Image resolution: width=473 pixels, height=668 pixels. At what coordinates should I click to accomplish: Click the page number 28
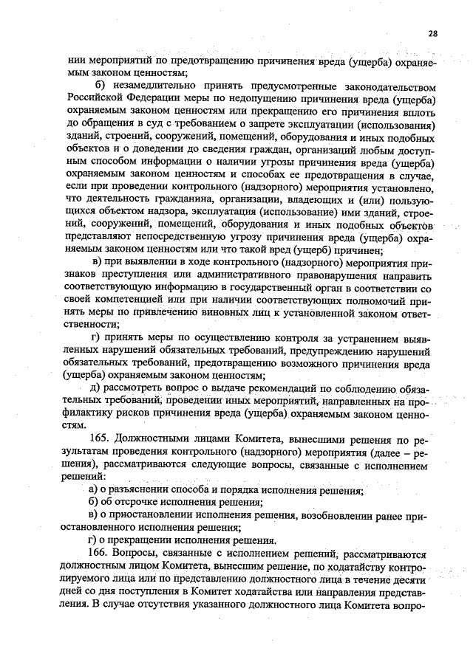pos(433,32)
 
